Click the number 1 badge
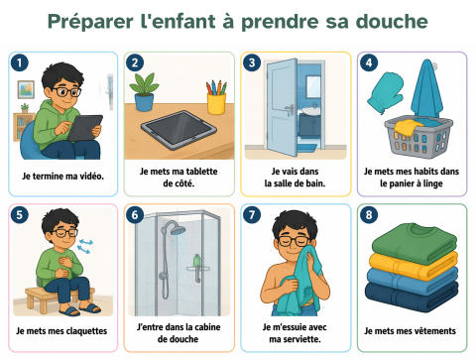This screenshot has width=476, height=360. click(x=19, y=62)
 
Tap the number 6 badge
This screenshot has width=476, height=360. click(x=135, y=215)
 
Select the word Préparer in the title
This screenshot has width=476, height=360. click(x=90, y=23)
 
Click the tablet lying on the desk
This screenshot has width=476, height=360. click(x=178, y=130)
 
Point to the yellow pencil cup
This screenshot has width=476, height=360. click(x=216, y=103)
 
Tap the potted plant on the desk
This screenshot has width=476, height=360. click(x=144, y=92)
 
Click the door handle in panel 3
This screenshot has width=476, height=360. click(x=290, y=109)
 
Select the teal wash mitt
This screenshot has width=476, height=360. click(x=385, y=92)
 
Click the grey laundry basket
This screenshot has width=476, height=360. click(x=418, y=137)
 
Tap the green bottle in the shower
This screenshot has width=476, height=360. click(x=196, y=261)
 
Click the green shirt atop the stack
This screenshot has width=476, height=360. click(x=415, y=241)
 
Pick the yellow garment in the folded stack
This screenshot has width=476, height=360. click(x=414, y=265)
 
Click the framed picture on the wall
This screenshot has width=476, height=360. click(x=26, y=89)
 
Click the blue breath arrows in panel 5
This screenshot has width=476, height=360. click(x=84, y=247)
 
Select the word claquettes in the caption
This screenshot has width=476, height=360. click(x=87, y=331)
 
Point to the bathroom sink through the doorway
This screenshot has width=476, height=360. click(x=311, y=111)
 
